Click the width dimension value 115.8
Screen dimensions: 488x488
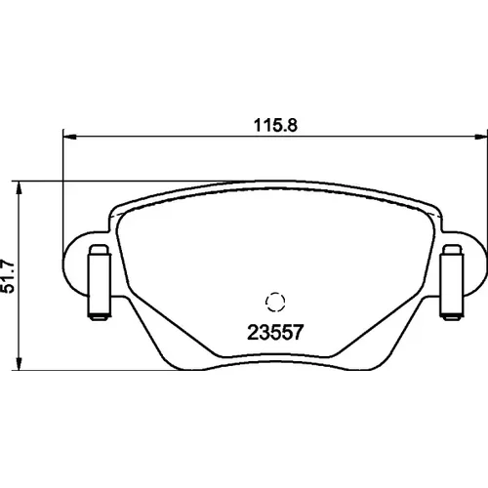(275, 125)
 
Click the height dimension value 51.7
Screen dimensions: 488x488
(8, 276)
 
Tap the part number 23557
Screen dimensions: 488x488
(275, 332)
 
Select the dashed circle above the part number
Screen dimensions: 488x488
(275, 302)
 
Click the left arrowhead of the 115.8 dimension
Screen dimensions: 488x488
(69, 137)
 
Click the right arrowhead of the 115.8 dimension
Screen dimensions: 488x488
(481, 137)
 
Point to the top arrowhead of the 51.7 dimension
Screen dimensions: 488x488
(20, 188)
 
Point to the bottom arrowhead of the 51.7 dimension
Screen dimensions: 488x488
(20, 363)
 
